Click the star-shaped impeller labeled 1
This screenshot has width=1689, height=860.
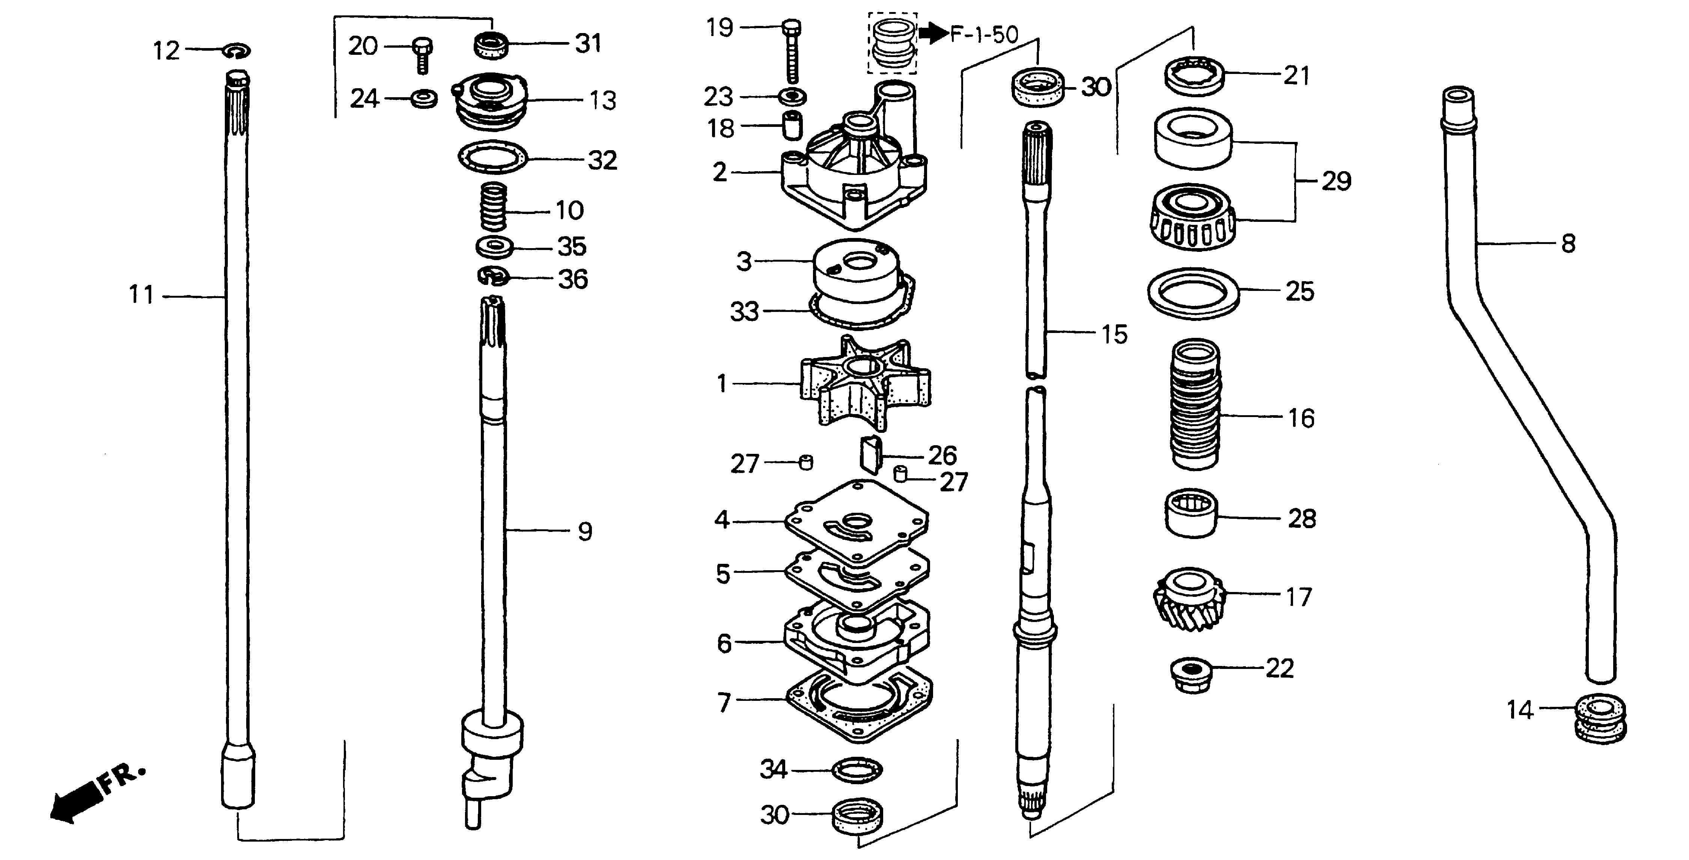[x=864, y=383]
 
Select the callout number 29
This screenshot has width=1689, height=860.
[x=1335, y=181]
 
